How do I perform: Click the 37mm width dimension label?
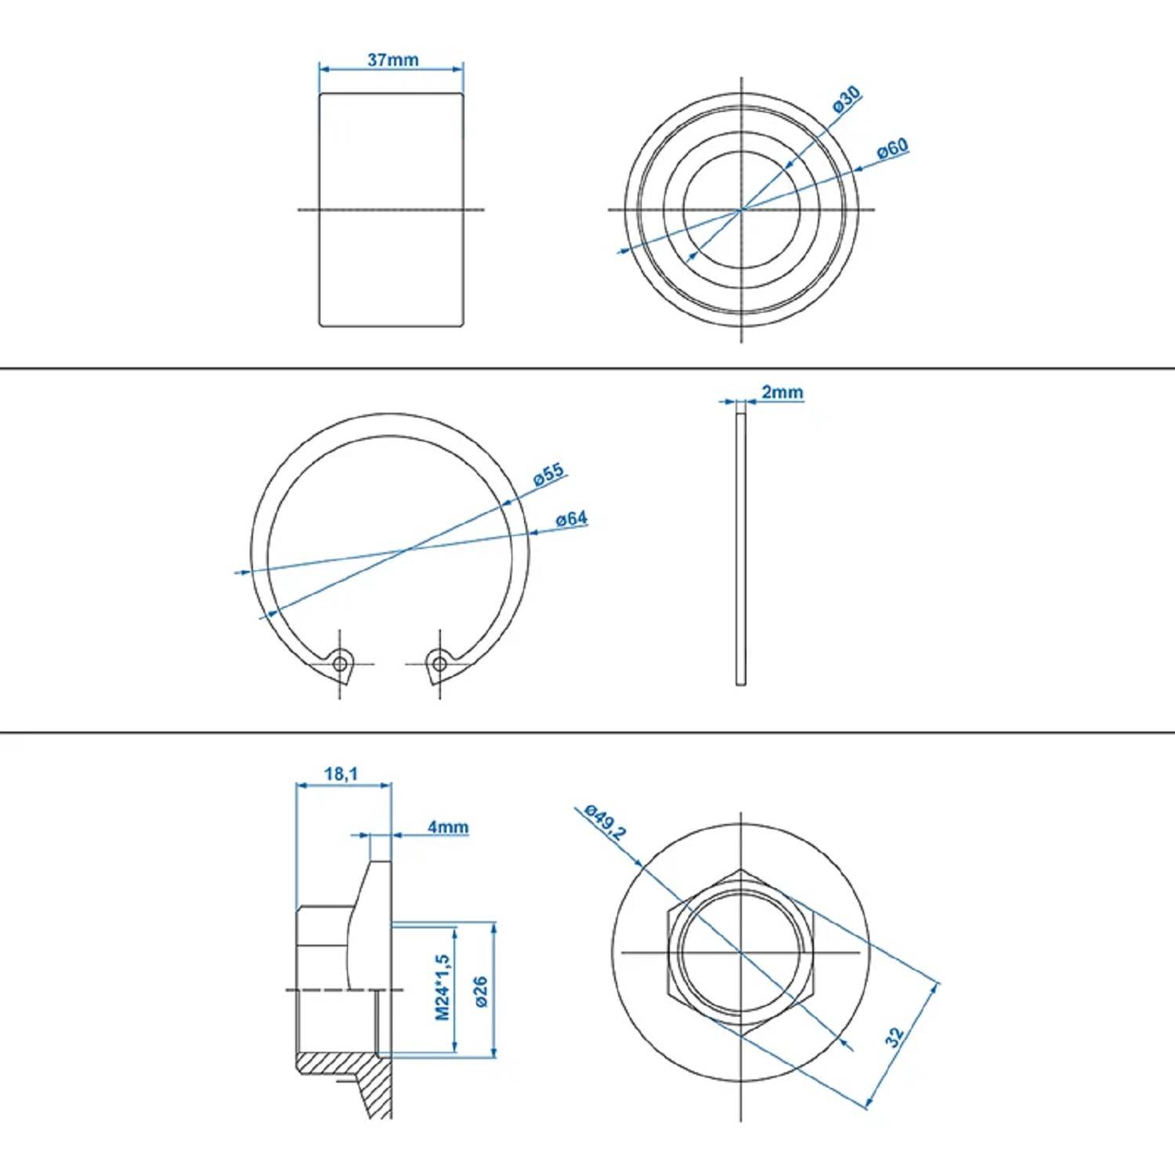(x=392, y=60)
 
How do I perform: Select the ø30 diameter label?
(x=846, y=99)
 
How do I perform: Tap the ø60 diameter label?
(x=892, y=148)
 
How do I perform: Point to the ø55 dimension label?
(x=548, y=475)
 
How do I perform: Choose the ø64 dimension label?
(x=571, y=519)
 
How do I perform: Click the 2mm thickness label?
(x=782, y=392)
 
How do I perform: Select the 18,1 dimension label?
(x=341, y=774)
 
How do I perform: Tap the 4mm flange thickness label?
(x=447, y=827)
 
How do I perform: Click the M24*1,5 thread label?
(x=443, y=987)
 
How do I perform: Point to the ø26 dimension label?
(x=481, y=991)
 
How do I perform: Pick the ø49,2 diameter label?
(x=606, y=822)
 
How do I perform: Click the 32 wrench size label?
(x=895, y=1037)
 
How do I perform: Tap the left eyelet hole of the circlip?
(x=340, y=663)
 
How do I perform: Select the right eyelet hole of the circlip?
(x=439, y=664)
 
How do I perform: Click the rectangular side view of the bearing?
(x=391, y=209)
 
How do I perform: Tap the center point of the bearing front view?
(x=741, y=210)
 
